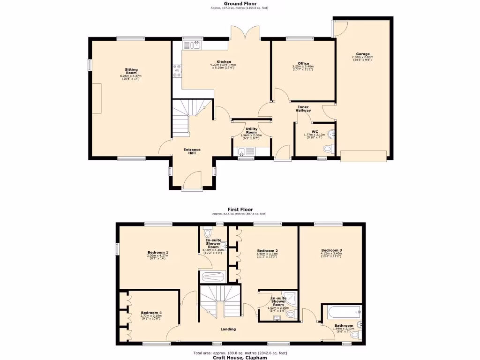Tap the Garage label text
click(x=362, y=54)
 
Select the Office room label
click(x=303, y=64)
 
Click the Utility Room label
click(x=251, y=131)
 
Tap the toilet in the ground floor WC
click(x=328, y=149)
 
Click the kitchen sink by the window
click(x=192, y=45)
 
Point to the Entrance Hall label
click(x=191, y=151)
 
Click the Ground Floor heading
click(x=240, y=4)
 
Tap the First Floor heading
click(x=240, y=210)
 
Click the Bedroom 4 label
click(x=151, y=313)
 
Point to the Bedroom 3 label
click(x=331, y=250)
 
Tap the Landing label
click(x=228, y=329)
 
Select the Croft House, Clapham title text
click(x=240, y=357)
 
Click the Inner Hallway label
click(x=304, y=108)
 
